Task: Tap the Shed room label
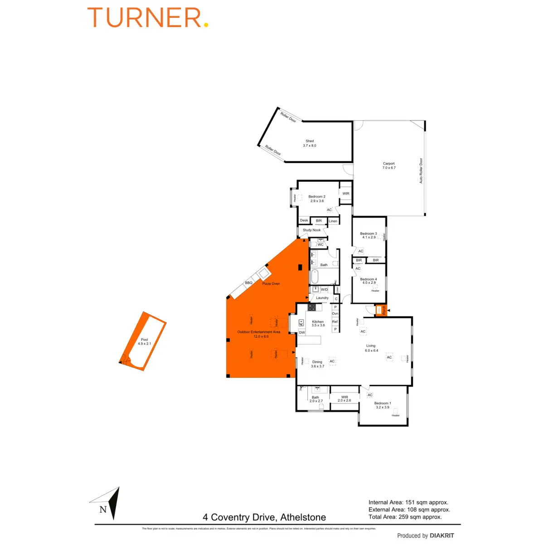pos(310,143)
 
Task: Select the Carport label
pos(389,165)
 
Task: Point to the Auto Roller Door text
pos(421,170)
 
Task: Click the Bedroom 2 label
pos(317,199)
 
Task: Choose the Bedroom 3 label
pos(369,235)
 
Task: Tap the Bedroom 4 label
pos(369,281)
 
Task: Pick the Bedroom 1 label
pos(383,405)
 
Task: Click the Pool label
pos(144,341)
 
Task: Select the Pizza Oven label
pos(271,284)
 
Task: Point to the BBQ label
pos(248,283)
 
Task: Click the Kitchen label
pos(318,323)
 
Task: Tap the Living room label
pos(371,348)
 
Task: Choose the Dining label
pos(317,364)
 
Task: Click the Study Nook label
pos(311,230)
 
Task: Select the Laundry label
pos(322,298)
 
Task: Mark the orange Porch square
pos(381,310)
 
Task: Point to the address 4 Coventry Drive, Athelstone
pos(264,517)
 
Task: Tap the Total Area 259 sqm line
pos(405,517)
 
